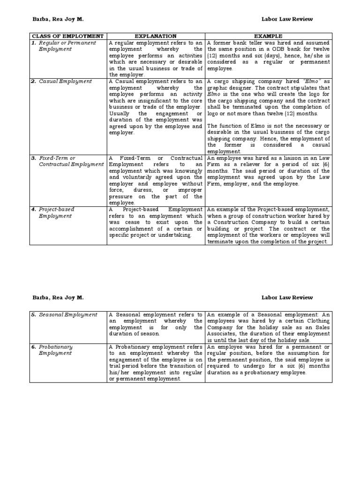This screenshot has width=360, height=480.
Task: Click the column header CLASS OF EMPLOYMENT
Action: [x=67, y=36]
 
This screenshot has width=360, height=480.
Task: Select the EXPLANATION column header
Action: [x=156, y=36]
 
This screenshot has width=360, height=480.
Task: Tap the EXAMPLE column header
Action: [x=268, y=36]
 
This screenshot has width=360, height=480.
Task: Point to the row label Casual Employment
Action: [x=66, y=81]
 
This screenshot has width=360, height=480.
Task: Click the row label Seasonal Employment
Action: [x=68, y=315]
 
